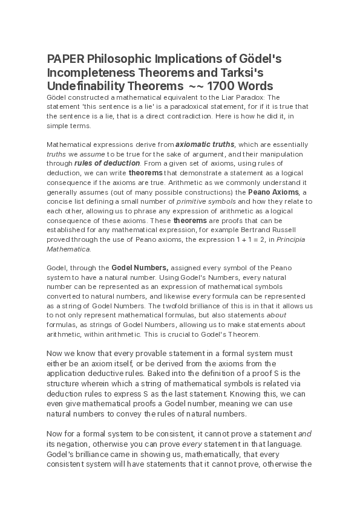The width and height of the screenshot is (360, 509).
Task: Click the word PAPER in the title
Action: tap(65, 59)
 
